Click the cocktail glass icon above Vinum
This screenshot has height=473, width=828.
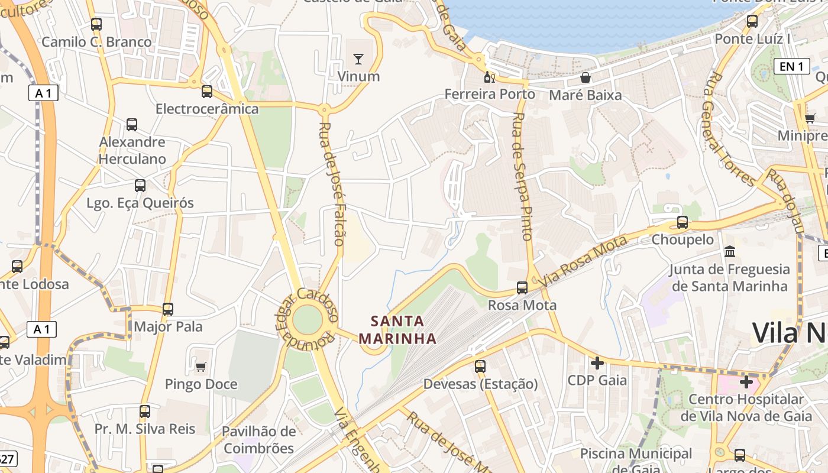click(358, 59)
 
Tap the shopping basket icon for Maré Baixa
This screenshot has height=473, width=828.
click(585, 77)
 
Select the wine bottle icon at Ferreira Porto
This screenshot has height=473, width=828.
click(489, 77)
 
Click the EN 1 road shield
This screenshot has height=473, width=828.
click(791, 66)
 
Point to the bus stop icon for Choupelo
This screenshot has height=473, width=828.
click(683, 223)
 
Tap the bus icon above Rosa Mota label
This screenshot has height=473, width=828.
click(522, 288)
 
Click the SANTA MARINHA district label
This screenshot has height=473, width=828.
click(397, 330)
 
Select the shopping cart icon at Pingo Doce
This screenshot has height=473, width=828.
click(200, 367)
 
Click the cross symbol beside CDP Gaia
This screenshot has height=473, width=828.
click(597, 362)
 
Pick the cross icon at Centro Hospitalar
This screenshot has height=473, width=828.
click(746, 382)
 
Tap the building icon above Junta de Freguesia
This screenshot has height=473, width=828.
click(729, 252)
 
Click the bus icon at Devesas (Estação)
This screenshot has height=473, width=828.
click(480, 367)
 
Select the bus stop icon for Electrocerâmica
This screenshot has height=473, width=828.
click(206, 92)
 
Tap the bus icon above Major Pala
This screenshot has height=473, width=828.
click(168, 309)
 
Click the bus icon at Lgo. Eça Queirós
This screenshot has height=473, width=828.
click(140, 186)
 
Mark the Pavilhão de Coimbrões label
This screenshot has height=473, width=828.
click(258, 440)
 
